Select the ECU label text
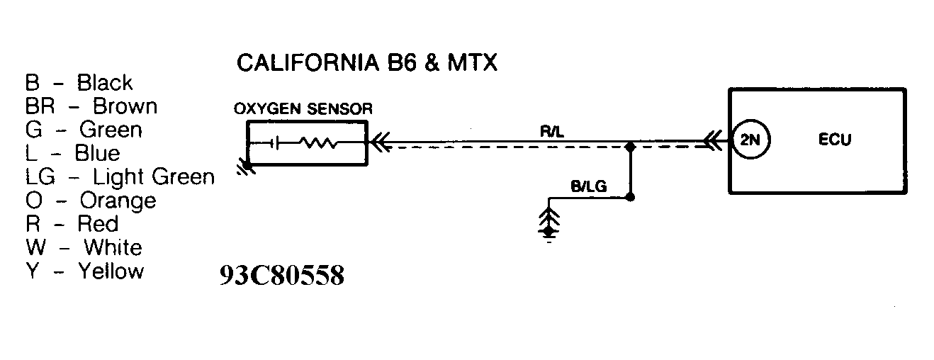pyautogui.click(x=834, y=140)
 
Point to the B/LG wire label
pyautogui.click(x=588, y=187)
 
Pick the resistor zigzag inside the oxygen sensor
pyautogui.click(x=319, y=142)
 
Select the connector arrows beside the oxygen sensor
pyautogui.click(x=380, y=144)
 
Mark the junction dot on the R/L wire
pyautogui.click(x=630, y=148)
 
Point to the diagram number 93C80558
pyautogui.click(x=282, y=275)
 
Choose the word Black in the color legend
pyautogui.click(x=105, y=83)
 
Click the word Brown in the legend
pyautogui.click(x=125, y=106)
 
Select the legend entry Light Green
pyautogui.click(x=154, y=176)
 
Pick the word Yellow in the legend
pyautogui.click(x=111, y=271)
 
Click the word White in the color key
pyautogui.click(x=113, y=247)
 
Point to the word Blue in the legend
pyautogui.click(x=97, y=153)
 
